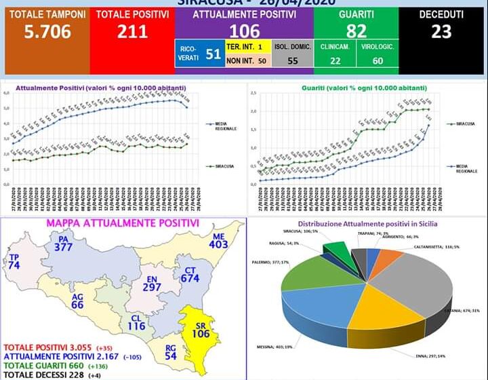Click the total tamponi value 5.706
[46, 31]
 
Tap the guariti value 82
[356, 31]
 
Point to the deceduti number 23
[442, 30]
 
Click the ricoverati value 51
[213, 54]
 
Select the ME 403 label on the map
[218, 241]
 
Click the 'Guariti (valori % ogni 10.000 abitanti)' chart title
[357, 88]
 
